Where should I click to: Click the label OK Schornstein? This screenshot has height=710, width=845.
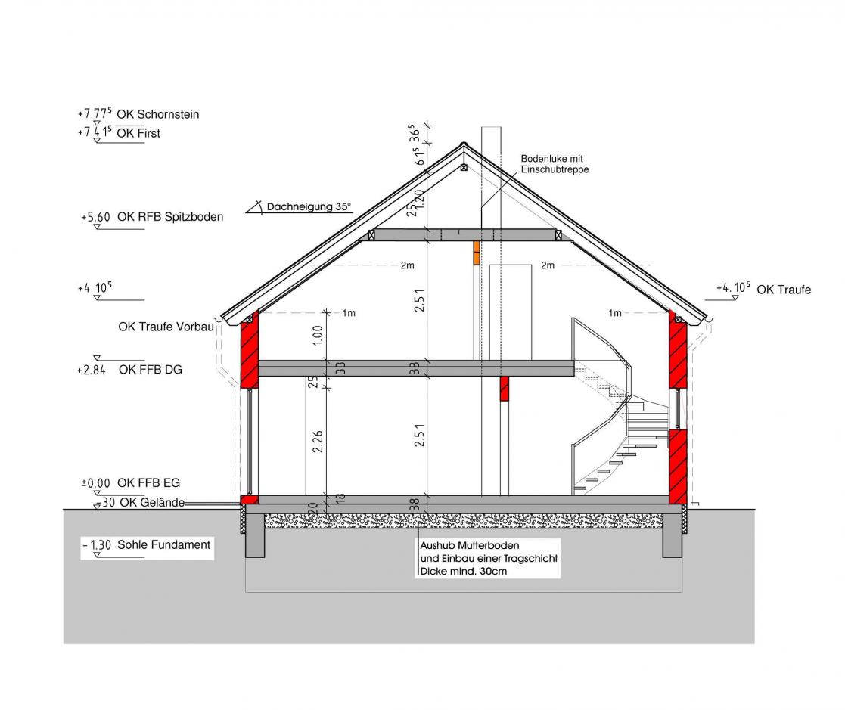click(x=158, y=114)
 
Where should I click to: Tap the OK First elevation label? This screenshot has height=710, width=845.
click(x=138, y=133)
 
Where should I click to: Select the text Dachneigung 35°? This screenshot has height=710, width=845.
click(x=309, y=207)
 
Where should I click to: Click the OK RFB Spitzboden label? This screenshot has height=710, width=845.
click(x=170, y=216)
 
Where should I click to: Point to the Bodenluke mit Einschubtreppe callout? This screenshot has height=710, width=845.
click(x=555, y=164)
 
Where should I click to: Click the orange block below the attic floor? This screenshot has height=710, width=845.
click(x=477, y=253)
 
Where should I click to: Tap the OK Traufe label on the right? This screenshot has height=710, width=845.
click(x=784, y=290)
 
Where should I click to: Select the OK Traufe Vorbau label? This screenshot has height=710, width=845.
click(x=166, y=327)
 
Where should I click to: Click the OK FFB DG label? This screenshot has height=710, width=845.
click(x=151, y=370)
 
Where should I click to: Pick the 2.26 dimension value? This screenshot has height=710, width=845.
click(x=318, y=442)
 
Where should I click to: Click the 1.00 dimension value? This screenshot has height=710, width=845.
click(x=318, y=335)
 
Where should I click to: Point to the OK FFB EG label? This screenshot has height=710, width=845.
click(x=149, y=482)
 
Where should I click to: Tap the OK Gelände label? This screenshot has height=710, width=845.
click(x=152, y=503)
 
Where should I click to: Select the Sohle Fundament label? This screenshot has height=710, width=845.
click(x=164, y=544)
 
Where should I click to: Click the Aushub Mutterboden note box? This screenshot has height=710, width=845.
click(x=488, y=559)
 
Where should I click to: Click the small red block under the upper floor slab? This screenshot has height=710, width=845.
click(x=505, y=389)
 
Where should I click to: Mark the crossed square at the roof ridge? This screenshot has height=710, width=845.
click(x=464, y=168)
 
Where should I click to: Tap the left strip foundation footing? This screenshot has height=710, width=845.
click(x=255, y=535)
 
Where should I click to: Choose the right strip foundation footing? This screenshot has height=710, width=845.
click(x=672, y=535)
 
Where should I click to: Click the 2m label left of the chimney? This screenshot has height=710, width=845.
click(x=408, y=265)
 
